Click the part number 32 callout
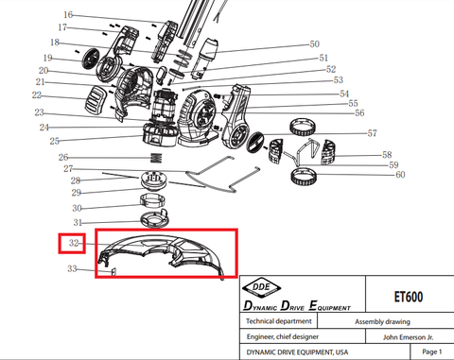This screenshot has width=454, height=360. [74, 243]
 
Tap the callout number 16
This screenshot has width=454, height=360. [68, 14]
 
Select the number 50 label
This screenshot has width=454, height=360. [314, 43]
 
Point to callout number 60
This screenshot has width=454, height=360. [400, 174]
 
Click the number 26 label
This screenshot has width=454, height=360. [63, 157]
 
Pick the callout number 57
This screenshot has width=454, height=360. [372, 133]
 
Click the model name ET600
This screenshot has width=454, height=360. [409, 297]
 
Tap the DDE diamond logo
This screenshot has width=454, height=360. [261, 287]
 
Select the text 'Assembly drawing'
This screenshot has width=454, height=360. [382, 321]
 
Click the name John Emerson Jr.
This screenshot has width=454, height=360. [408, 337]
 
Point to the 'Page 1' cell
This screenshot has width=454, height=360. [432, 351]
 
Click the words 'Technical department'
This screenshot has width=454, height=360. [279, 321]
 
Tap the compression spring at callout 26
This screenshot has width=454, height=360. [156, 158]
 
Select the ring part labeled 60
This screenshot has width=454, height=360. [304, 177]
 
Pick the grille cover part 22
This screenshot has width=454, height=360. [96, 100]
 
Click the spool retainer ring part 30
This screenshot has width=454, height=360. [152, 200]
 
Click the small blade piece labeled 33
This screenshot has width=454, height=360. [113, 271]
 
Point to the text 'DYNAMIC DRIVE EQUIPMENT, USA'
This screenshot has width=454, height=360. [297, 351]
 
